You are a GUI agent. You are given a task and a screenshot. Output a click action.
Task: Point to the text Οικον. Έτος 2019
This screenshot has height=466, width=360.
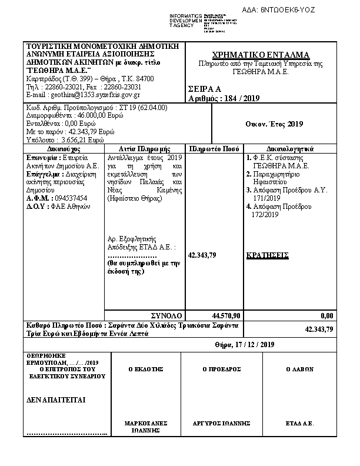[274, 124]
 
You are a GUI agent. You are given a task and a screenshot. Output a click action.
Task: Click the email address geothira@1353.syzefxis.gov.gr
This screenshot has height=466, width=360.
[84, 95]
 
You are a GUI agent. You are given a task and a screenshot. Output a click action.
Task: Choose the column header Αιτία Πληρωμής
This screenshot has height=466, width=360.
[144, 149]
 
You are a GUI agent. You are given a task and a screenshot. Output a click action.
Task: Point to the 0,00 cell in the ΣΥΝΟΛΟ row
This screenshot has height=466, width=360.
[327, 315]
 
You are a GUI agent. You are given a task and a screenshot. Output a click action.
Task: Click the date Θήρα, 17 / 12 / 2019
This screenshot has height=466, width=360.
[245, 344]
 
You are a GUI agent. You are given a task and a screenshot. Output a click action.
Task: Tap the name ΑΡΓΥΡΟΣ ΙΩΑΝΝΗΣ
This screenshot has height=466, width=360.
[222, 423]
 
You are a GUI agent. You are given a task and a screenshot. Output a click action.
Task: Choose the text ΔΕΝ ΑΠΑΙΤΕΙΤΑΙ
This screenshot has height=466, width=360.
[56, 400]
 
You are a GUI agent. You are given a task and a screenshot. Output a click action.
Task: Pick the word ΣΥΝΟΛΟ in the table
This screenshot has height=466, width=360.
[167, 315]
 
